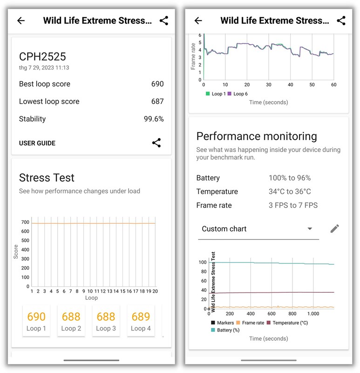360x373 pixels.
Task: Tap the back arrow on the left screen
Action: tap(20, 21)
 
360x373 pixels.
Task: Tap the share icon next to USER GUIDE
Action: tap(156, 143)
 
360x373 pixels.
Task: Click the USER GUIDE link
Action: tap(37, 143)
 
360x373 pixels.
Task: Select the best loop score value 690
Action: tap(157, 84)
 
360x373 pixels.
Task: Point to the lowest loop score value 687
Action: tap(157, 101)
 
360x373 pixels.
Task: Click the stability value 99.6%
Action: tap(154, 119)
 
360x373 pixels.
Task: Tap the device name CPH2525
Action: tap(42, 57)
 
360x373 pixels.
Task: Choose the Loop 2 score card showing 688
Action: tap(71, 321)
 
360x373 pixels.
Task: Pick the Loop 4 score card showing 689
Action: tap(140, 321)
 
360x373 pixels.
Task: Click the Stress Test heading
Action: tap(47, 178)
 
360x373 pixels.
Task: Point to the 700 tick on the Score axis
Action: tap(25, 222)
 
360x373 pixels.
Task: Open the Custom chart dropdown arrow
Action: tap(310, 229)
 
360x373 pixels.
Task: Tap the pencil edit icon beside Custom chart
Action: tap(334, 228)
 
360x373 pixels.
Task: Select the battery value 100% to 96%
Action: tap(289, 178)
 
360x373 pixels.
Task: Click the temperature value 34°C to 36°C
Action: tap(289, 192)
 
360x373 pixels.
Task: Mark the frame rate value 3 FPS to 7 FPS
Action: tap(293, 205)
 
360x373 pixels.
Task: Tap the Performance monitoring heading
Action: tap(257, 136)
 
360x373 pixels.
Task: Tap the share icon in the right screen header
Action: tap(341, 21)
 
